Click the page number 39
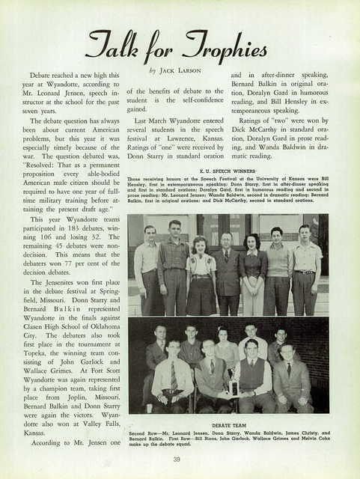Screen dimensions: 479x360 point(177,459)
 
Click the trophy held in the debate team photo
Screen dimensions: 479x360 point(234,386)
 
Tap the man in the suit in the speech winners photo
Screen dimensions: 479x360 point(226,273)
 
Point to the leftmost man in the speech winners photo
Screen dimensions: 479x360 point(146,269)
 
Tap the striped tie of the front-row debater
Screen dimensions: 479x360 point(174,376)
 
